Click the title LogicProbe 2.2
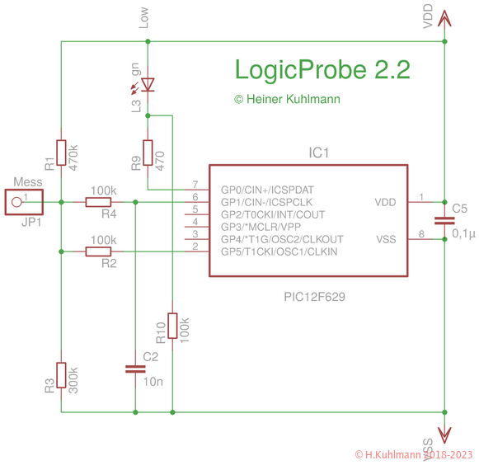tap(322, 69)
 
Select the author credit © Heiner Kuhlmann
tap(287, 99)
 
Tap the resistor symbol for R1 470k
tap(62, 153)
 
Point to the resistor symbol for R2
tap(99, 251)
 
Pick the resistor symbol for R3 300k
tap(62, 377)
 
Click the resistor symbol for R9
tap(148, 153)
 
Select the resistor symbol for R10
tap(172, 326)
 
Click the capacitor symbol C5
tap(444, 220)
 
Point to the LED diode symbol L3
tap(148, 84)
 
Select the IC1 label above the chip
tap(319, 153)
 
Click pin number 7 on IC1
tap(195, 185)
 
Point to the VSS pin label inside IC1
tap(386, 239)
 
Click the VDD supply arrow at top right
tap(444, 18)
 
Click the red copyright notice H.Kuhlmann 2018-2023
tap(414, 454)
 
